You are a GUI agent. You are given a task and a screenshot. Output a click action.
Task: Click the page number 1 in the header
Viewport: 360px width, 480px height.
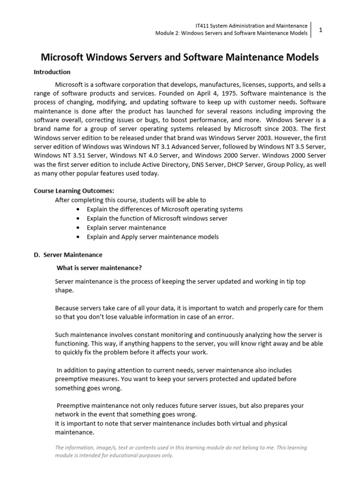click(x=321, y=30)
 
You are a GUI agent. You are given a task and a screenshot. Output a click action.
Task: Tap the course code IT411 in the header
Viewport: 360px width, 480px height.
click(x=202, y=25)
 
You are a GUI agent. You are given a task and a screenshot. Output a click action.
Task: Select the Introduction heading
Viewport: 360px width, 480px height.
click(x=52, y=72)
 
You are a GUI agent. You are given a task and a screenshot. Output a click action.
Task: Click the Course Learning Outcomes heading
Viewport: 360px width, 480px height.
click(x=74, y=191)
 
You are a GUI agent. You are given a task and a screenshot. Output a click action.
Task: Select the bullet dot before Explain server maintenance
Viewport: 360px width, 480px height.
click(x=77, y=228)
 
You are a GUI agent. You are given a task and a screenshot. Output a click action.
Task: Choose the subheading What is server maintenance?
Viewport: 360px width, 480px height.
click(x=99, y=268)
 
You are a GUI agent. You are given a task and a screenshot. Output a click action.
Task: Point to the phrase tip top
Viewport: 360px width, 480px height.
click(x=296, y=281)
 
